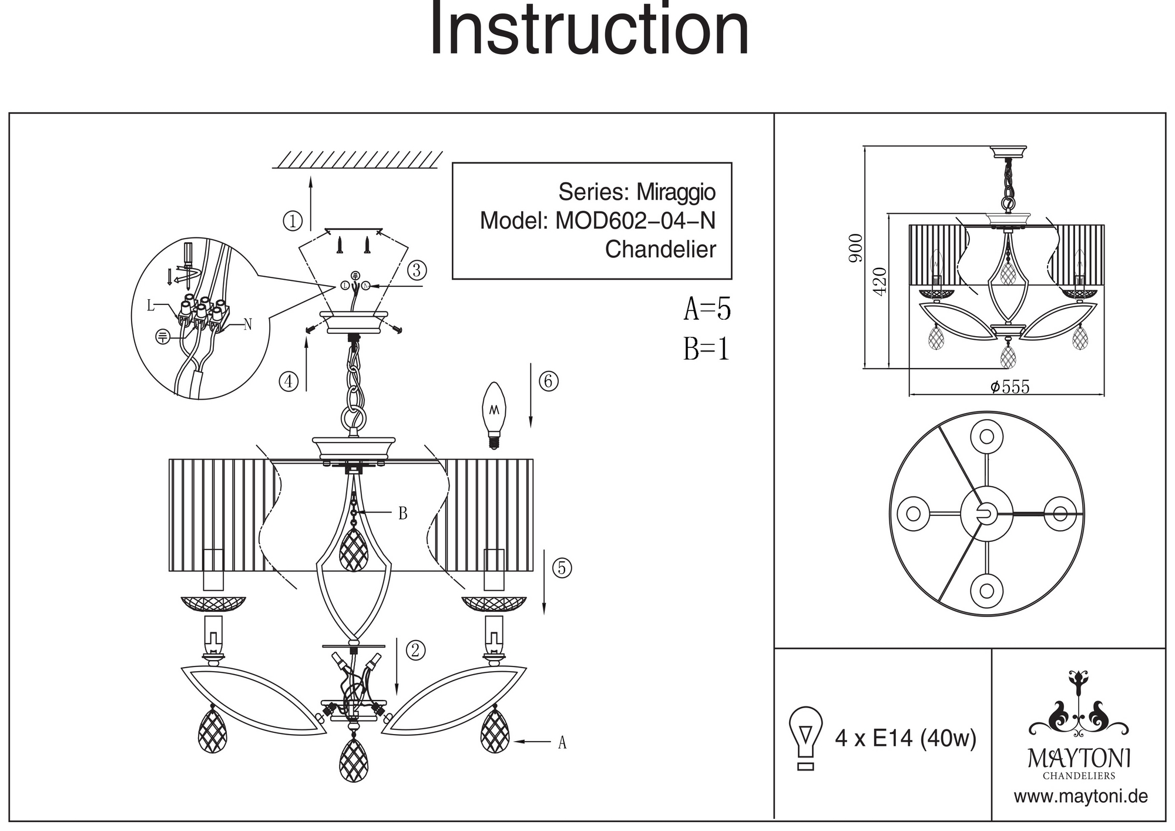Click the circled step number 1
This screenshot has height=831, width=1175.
(292, 222)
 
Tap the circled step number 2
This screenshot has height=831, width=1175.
(415, 651)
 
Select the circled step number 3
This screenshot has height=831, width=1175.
(417, 270)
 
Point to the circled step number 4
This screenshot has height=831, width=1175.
(288, 382)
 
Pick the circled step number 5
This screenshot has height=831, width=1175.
(562, 568)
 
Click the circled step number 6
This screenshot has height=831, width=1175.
(548, 381)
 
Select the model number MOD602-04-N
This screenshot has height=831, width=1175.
(635, 221)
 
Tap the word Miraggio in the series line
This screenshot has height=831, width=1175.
(676, 192)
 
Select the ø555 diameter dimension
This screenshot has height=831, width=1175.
(1010, 387)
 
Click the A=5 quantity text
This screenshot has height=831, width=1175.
(707, 309)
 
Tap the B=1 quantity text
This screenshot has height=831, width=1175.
(706, 350)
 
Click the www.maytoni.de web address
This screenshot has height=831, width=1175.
(1080, 797)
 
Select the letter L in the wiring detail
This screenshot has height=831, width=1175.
(150, 305)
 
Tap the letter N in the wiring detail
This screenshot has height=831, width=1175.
(247, 324)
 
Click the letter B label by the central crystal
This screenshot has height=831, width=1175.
(402, 514)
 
